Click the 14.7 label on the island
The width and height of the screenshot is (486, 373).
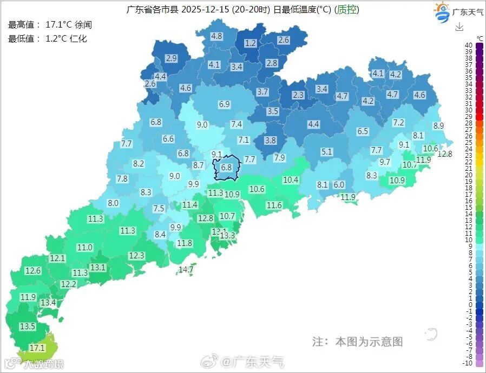pyautogui.click(x=186, y=269)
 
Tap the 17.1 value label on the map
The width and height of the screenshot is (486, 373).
pyautogui.click(x=37, y=348)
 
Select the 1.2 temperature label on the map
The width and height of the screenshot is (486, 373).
pyautogui.click(x=251, y=43)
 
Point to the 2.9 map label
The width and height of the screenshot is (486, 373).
pyautogui.click(x=172, y=58)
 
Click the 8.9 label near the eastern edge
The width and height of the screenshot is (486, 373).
pyautogui.click(x=438, y=126)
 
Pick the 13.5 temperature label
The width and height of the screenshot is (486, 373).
pyautogui.click(x=28, y=327)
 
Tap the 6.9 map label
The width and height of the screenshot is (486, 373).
pyautogui.click(x=225, y=104)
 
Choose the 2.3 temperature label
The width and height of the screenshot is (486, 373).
pyautogui.click(x=298, y=95)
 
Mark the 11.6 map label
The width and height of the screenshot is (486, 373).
pyautogui.click(x=274, y=205)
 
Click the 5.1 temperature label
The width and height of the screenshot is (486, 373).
pyautogui.click(x=326, y=152)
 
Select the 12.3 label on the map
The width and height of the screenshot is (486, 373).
pyautogui.click(x=136, y=256)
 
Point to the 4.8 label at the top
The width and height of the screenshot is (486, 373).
pyautogui.click(x=216, y=36)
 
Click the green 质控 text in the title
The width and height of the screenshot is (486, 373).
pyautogui.click(x=347, y=10)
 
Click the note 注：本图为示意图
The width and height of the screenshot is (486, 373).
pyautogui.click(x=357, y=342)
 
